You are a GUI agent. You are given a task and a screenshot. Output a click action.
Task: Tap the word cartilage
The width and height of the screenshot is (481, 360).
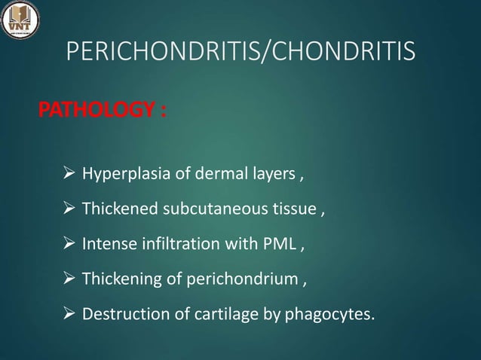pos(210,313)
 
